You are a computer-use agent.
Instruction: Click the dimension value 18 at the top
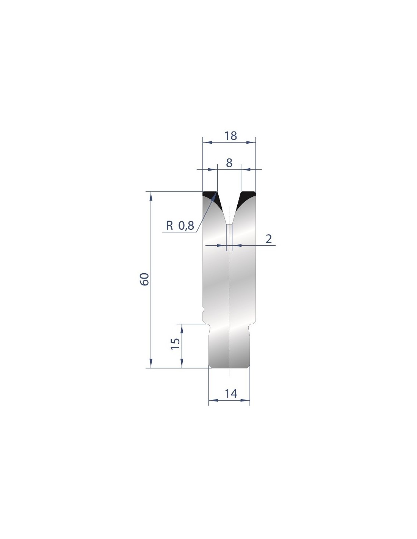point(230,136)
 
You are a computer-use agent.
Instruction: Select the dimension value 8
point(229,163)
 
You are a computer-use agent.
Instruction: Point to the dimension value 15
point(175,343)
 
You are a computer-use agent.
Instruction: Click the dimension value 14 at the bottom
point(231,394)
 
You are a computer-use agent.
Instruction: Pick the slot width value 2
point(269,239)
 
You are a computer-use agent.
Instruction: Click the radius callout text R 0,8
point(180,226)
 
